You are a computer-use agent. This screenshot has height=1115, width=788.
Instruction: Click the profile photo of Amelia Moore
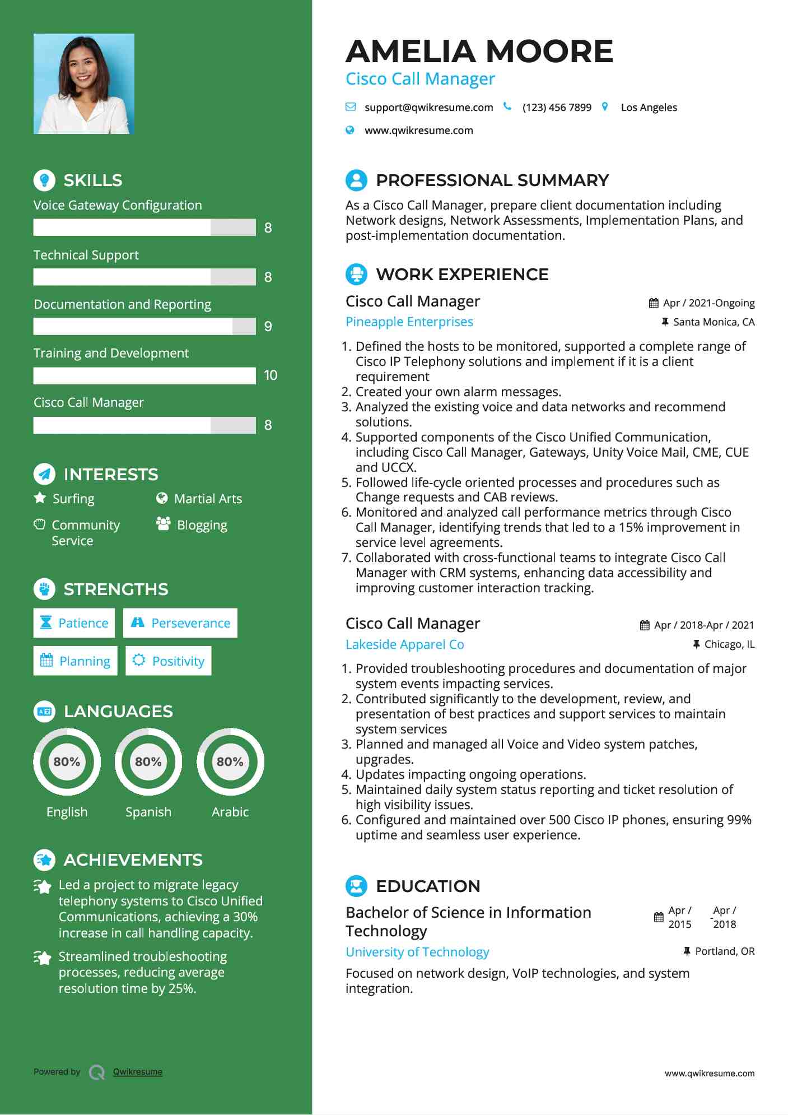tap(84, 84)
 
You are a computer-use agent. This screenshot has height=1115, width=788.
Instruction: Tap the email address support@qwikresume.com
tap(428, 108)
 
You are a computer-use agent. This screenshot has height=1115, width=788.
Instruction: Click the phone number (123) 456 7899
tap(556, 108)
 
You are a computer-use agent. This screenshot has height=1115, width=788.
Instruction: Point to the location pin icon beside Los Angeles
tap(605, 106)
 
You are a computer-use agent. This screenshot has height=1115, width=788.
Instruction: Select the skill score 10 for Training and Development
tap(271, 375)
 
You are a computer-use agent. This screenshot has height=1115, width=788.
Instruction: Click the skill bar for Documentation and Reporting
tap(144, 327)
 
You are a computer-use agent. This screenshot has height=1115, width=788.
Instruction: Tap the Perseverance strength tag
tap(180, 623)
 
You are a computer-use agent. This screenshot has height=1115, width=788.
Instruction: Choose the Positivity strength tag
tap(169, 661)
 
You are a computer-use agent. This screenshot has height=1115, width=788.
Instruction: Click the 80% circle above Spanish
tap(148, 761)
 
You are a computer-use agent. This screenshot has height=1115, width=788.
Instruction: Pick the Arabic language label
tap(230, 812)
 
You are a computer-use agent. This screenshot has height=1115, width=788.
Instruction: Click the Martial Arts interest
tap(208, 499)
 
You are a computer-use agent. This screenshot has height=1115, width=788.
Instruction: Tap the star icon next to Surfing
tap(40, 498)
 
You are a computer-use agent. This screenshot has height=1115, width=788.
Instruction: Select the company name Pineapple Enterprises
tap(409, 322)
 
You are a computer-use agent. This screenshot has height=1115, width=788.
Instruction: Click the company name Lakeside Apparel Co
tap(404, 644)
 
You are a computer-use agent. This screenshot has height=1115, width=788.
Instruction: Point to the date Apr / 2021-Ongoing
tap(708, 303)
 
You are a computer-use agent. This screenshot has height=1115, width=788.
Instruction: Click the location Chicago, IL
tap(729, 644)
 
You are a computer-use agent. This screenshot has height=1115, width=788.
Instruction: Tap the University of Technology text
tap(417, 952)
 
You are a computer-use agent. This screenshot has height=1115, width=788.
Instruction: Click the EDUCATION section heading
tap(428, 886)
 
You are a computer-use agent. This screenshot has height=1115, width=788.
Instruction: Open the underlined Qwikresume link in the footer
tap(138, 1072)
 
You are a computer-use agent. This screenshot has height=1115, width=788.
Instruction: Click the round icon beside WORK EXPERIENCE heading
tap(356, 275)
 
